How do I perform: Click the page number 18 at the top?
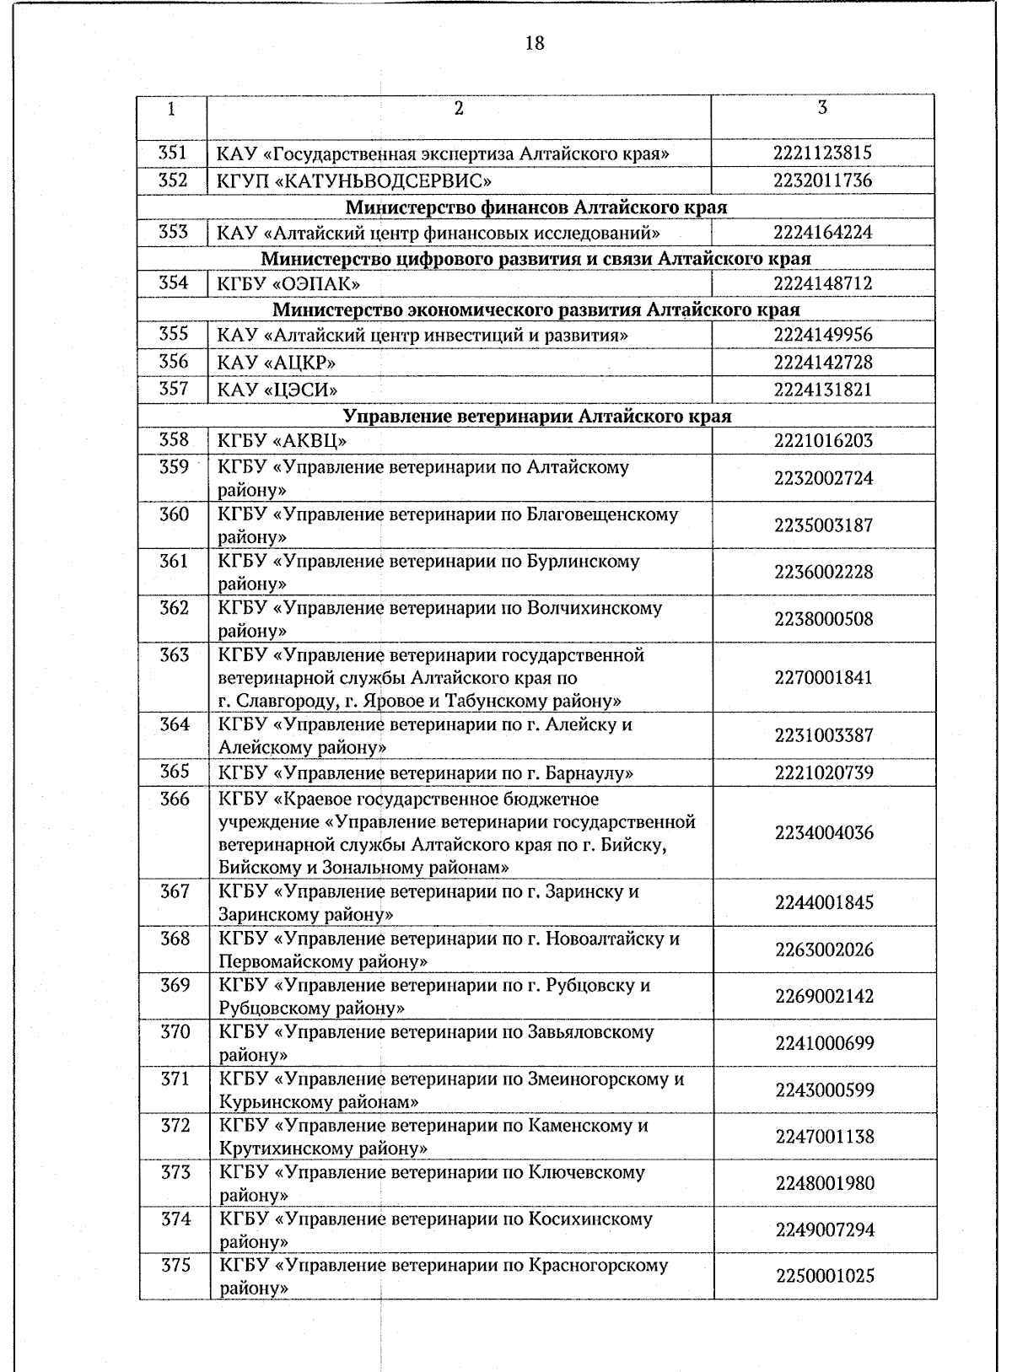tap(535, 43)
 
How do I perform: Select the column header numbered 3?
tap(822, 108)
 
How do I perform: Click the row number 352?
tap(173, 180)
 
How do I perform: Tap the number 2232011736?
tap(822, 180)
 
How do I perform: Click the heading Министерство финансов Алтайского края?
tap(536, 207)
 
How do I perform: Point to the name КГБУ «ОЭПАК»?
tap(289, 284)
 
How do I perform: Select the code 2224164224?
tap(822, 233)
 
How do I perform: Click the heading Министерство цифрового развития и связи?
tap(536, 258)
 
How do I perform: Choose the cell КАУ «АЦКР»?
tap(277, 363)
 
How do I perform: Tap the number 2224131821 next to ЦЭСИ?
tap(823, 390)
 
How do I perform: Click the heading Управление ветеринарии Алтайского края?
tap(537, 416)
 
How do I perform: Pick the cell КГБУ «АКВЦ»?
tap(283, 441)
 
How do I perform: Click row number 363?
tap(175, 655)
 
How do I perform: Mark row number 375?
tap(175, 1266)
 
